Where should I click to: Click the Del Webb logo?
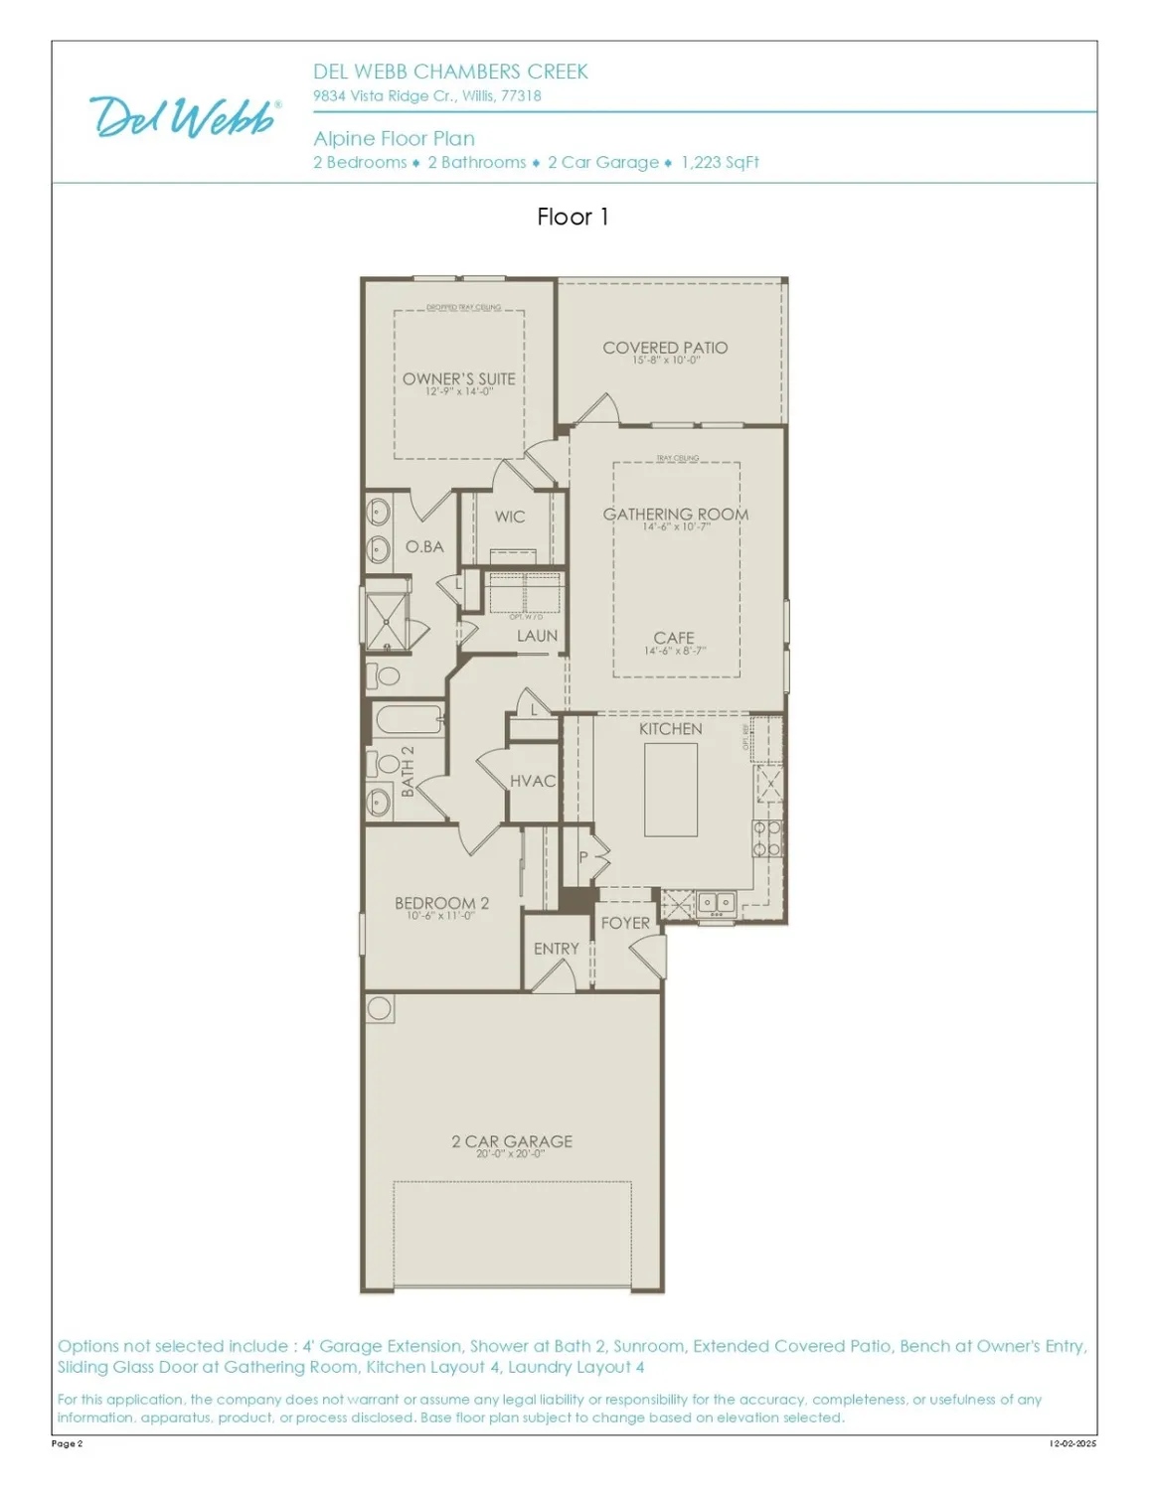tap(185, 117)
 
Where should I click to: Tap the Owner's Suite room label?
tap(458, 379)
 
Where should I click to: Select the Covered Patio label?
tap(665, 348)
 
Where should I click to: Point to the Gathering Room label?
tap(675, 515)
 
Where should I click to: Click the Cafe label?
tap(674, 639)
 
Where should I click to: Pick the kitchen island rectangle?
tap(671, 790)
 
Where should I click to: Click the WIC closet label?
tap(510, 517)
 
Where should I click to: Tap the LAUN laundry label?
tap(537, 636)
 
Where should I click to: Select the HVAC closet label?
tap(533, 782)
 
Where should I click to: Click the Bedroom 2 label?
tap(441, 904)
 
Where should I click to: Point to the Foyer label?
tap(625, 924)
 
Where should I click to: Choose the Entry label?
tap(556, 950)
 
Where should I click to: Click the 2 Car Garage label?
tap(512, 1142)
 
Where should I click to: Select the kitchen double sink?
tap(716, 903)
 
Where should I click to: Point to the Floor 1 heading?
tap(573, 217)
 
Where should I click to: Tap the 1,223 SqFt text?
tap(720, 163)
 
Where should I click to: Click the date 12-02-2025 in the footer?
tap(1072, 1443)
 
